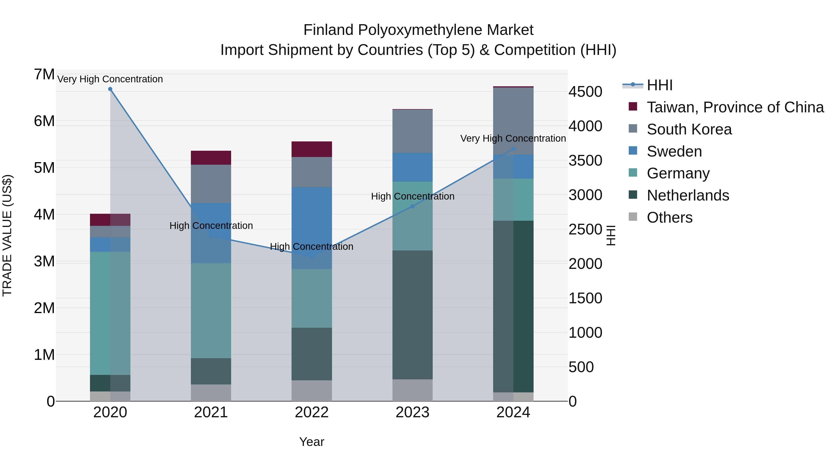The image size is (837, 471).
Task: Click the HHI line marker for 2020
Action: coord(110,89)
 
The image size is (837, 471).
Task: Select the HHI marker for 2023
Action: coord(412,206)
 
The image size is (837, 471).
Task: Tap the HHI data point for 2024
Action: coord(513,149)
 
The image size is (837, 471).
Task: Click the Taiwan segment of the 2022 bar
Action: coord(312,149)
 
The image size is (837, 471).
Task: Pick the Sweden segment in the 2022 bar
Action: coord(312,227)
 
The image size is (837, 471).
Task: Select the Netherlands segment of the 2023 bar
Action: coord(412,315)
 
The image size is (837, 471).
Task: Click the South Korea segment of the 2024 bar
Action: coord(513,121)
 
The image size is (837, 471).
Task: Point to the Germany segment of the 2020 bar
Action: coord(110,313)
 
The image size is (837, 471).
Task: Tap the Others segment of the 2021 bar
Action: coord(211,393)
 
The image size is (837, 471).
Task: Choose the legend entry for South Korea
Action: coord(689,129)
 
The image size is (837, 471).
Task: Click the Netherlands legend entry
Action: coord(688,195)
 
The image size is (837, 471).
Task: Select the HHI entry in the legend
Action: coord(659,85)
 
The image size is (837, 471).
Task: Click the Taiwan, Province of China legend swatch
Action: coord(633,106)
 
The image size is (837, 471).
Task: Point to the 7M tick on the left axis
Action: coord(44,74)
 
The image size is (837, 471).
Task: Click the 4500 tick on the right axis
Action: coord(585,92)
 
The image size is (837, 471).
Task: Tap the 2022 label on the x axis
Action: coord(312,412)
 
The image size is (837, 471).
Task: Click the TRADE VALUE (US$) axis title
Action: coord(7,235)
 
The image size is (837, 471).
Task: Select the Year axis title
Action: coord(312,442)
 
